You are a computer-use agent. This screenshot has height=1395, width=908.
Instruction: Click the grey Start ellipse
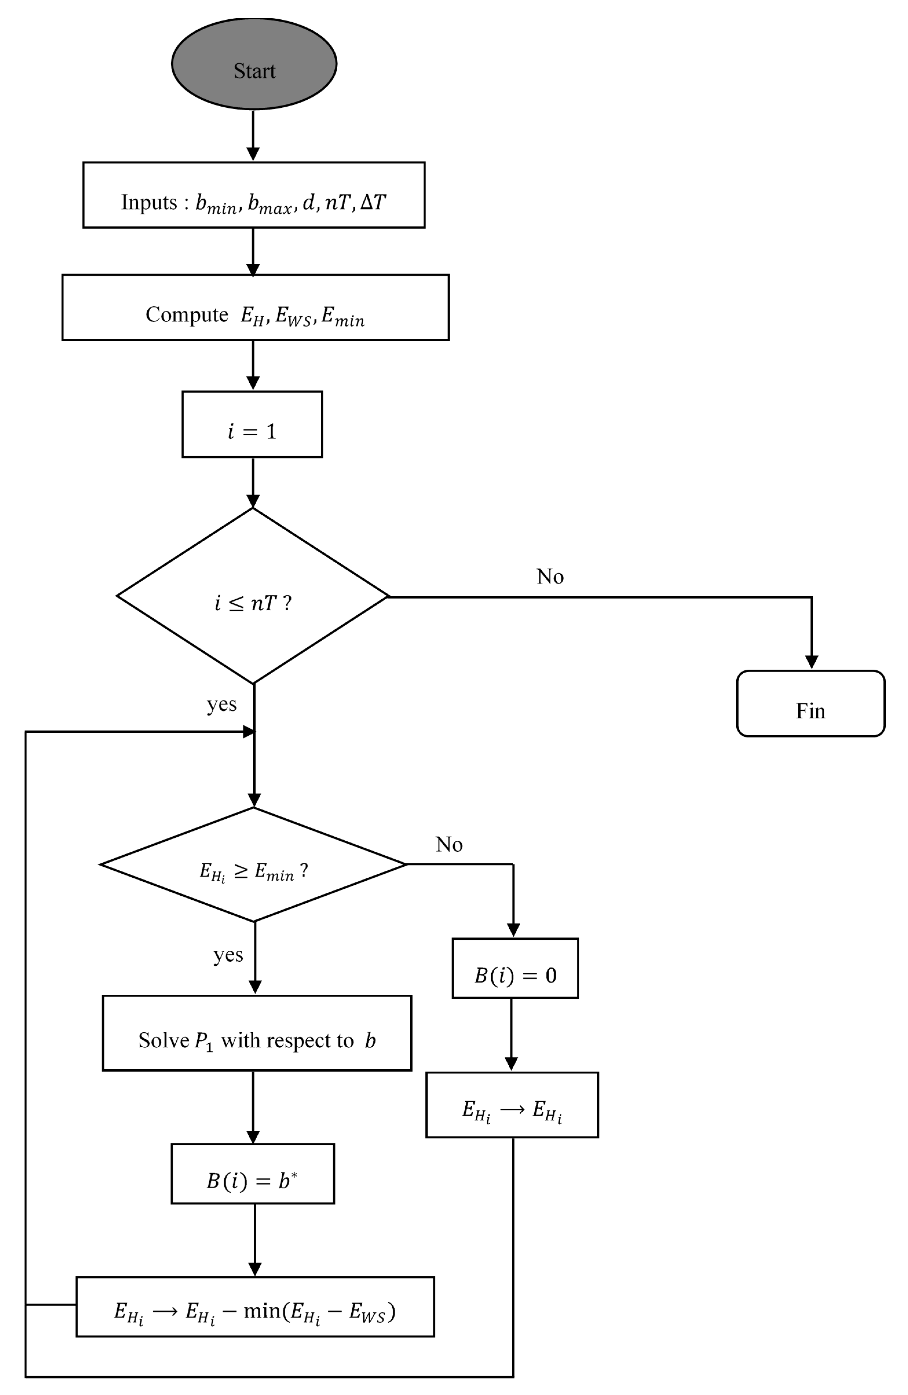click(254, 64)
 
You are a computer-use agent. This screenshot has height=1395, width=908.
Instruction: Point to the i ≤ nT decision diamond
click(253, 596)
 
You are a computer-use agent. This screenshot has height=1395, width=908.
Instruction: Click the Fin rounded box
click(810, 703)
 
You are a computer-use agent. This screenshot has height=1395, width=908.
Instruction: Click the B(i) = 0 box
click(515, 968)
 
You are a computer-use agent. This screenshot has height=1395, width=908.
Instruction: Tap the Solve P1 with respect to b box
click(257, 1033)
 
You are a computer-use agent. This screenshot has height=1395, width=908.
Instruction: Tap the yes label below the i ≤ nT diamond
click(221, 704)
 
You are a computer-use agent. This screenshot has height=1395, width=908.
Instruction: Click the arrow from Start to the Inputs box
click(253, 135)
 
